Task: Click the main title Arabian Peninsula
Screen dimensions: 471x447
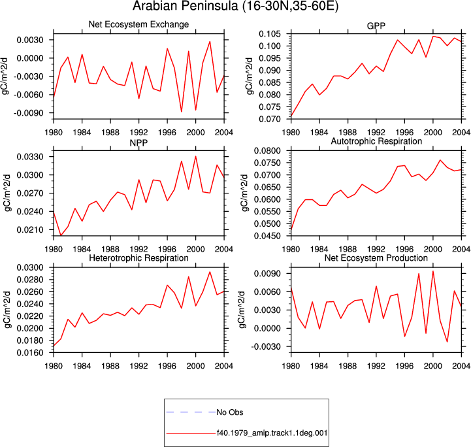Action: coord(235,6)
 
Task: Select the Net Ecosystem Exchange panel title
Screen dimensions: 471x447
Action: coord(138,24)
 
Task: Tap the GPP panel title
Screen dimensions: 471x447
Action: coord(376,26)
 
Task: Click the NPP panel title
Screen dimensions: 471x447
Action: coord(138,142)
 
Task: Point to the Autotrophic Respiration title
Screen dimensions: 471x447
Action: coord(376,141)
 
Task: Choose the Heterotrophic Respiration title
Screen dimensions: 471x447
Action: coord(138,258)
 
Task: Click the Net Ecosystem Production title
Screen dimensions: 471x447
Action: coord(376,258)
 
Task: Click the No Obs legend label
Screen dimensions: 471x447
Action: coord(230,412)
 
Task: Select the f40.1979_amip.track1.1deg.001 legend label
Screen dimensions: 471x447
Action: coord(272,433)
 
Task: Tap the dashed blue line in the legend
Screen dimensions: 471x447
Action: coord(191,412)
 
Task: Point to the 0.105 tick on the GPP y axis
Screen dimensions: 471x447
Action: coord(270,34)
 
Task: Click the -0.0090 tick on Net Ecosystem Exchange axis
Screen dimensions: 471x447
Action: coord(28,113)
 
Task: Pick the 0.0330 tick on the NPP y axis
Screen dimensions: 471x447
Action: coord(30,156)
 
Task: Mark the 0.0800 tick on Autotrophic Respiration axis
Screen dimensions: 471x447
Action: coord(268,150)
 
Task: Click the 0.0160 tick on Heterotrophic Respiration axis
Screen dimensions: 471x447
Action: coord(30,353)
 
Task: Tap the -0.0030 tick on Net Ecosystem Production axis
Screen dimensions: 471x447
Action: coord(265,346)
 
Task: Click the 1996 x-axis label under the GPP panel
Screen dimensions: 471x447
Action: coord(404,132)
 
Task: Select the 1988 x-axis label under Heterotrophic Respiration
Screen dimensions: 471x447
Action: coord(110,366)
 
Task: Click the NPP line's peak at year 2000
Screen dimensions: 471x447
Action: coord(195,156)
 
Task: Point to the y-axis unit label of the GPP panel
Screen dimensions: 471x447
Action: coord(250,76)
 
